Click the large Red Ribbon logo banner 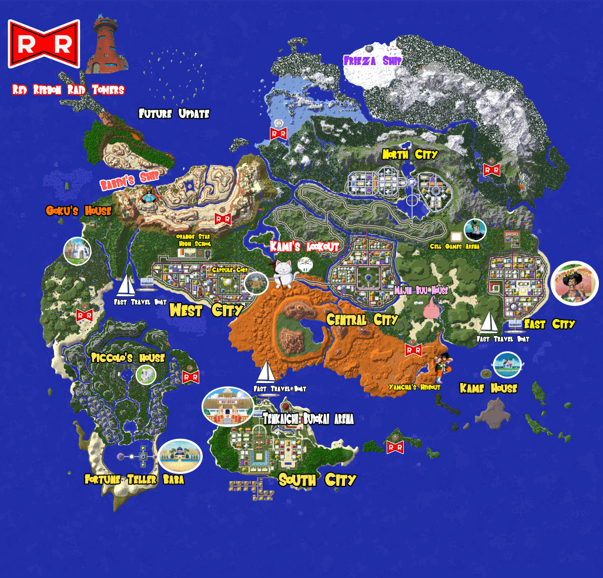click(x=43, y=44)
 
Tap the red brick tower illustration click(x=107, y=46)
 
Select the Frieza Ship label click(x=373, y=61)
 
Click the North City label click(x=410, y=154)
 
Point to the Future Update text click(x=174, y=114)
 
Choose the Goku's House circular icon click(x=77, y=251)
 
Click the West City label click(x=206, y=310)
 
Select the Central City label click(x=362, y=320)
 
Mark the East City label click(x=550, y=324)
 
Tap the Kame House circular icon click(x=507, y=365)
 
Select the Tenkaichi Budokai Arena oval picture click(x=227, y=405)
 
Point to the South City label click(x=317, y=480)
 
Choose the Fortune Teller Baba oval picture click(x=180, y=456)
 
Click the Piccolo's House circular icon click(x=146, y=374)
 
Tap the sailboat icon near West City click(x=126, y=286)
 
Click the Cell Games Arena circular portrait click(x=475, y=230)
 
